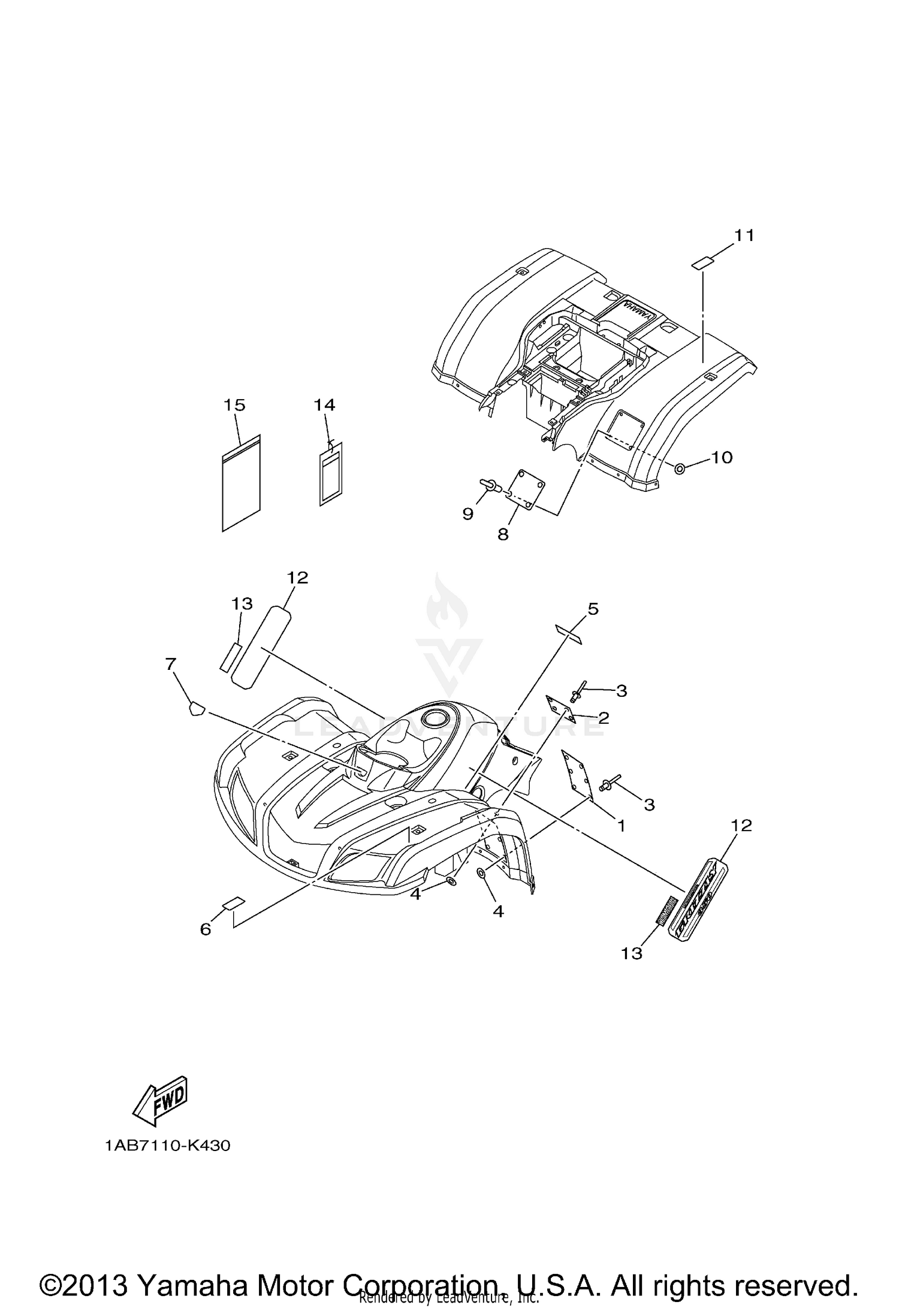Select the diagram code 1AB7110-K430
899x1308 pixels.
(168, 1146)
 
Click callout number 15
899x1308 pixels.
(234, 405)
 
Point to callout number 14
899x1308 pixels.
(324, 405)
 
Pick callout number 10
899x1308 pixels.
(722, 457)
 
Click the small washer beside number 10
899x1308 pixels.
(680, 468)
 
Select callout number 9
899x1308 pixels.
(467, 513)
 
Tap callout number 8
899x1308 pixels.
(503, 534)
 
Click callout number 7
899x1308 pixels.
(171, 664)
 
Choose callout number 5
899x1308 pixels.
(593, 609)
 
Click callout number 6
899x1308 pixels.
(206, 929)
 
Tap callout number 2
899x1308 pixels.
(603, 717)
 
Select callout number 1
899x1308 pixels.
(622, 826)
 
